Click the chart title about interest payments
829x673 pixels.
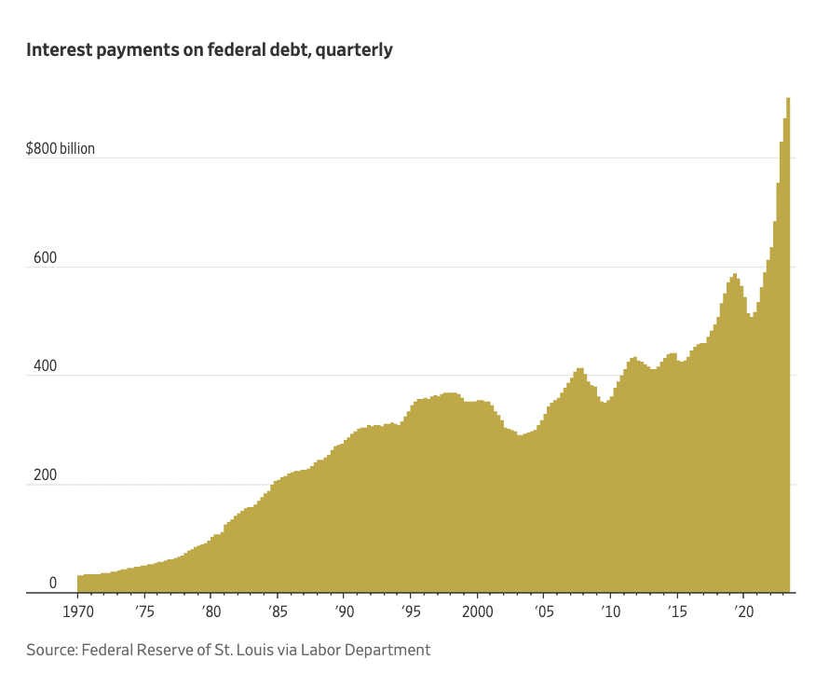210,49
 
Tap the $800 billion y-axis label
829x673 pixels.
61,148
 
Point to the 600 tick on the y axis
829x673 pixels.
45,258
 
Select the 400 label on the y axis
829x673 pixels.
45,366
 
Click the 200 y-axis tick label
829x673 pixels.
45,475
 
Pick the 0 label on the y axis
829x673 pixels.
53,584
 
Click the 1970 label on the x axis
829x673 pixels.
77,612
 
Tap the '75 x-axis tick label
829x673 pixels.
144,612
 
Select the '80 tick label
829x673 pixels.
211,612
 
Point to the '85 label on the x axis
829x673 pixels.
278,612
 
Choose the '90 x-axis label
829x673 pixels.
344,612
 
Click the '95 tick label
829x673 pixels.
411,612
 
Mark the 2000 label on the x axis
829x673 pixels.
478,612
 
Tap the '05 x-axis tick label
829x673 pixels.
543,612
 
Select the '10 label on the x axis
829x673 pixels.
610,612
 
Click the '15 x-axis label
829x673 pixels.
677,612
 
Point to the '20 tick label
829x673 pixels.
743,612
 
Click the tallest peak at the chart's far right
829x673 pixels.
788,99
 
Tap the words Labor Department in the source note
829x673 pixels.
366,650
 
